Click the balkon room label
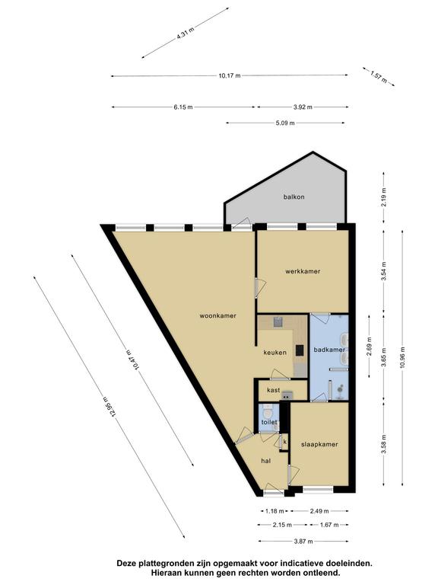294,197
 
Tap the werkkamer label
303,271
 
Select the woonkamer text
218,315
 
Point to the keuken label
275,352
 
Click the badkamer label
329,350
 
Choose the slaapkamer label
319,444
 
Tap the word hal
266,461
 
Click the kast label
274,390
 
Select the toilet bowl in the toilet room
267,413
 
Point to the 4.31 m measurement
185,33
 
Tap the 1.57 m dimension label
379,77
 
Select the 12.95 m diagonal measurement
110,407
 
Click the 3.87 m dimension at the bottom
303,542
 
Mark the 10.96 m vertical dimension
402,357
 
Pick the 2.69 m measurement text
369,347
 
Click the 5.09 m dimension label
285,123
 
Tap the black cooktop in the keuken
300,350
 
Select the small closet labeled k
284,442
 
